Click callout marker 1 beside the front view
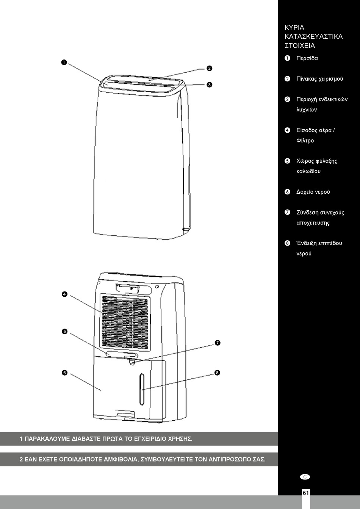(x=64, y=62)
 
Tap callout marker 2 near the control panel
(x=210, y=68)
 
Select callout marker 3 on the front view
(x=210, y=85)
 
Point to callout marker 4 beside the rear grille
(x=64, y=294)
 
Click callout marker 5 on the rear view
(x=64, y=332)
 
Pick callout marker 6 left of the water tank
(x=64, y=373)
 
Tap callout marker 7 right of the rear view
(x=218, y=343)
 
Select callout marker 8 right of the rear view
(x=217, y=373)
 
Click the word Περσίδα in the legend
(x=307, y=58)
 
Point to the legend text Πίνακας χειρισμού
(x=319, y=79)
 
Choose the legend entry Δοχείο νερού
(x=313, y=192)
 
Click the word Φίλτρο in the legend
(x=305, y=141)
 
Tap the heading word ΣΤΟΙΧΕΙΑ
(x=300, y=46)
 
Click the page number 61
(x=306, y=493)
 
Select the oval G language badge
(x=305, y=477)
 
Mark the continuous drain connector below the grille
(x=132, y=362)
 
